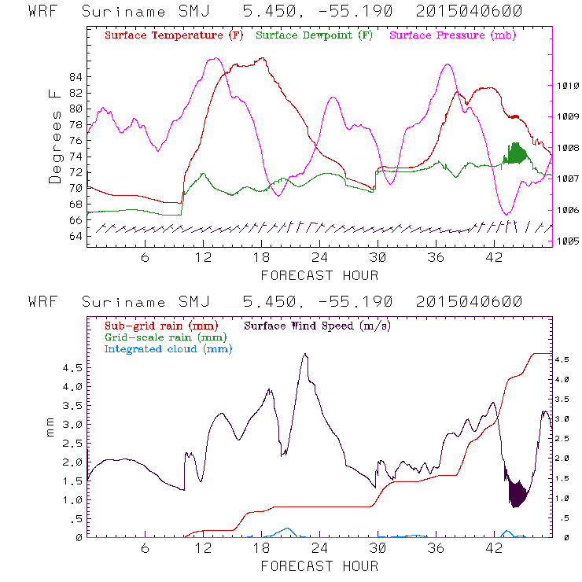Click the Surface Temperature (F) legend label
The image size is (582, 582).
(174, 36)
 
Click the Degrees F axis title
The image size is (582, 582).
(54, 135)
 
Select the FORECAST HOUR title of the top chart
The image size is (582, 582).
(319, 275)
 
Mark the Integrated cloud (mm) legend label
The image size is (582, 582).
(168, 349)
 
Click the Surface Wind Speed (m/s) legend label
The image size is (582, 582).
(318, 324)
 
